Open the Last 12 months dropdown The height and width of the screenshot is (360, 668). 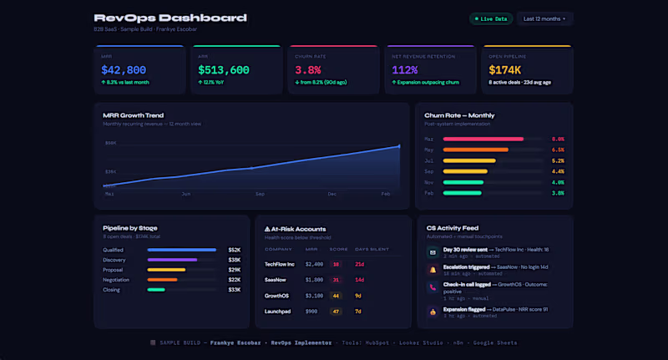pos(544,18)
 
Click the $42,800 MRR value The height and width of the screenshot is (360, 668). pos(124,70)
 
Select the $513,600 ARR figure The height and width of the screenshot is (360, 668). pos(224,70)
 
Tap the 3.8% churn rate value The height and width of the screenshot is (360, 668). pos(308,70)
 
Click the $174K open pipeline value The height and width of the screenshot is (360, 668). pos(505,70)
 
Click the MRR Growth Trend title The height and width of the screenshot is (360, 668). pos(133,115)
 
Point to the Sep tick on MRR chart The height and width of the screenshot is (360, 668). pos(261,193)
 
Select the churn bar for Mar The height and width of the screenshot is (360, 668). pos(483,139)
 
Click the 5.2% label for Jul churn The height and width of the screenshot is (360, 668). pos(558,160)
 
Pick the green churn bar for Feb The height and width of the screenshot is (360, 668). pos(463,193)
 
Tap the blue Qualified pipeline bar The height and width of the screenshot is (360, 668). pos(182,250)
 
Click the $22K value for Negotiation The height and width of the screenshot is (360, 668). pos(234,280)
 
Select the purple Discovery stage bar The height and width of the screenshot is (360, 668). pos(172,260)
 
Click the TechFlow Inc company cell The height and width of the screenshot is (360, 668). pos(280,264)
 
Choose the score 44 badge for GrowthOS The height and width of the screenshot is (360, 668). pos(337,296)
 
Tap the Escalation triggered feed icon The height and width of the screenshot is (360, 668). pos(433,270)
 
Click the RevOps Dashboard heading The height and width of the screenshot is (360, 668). pos(170,18)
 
